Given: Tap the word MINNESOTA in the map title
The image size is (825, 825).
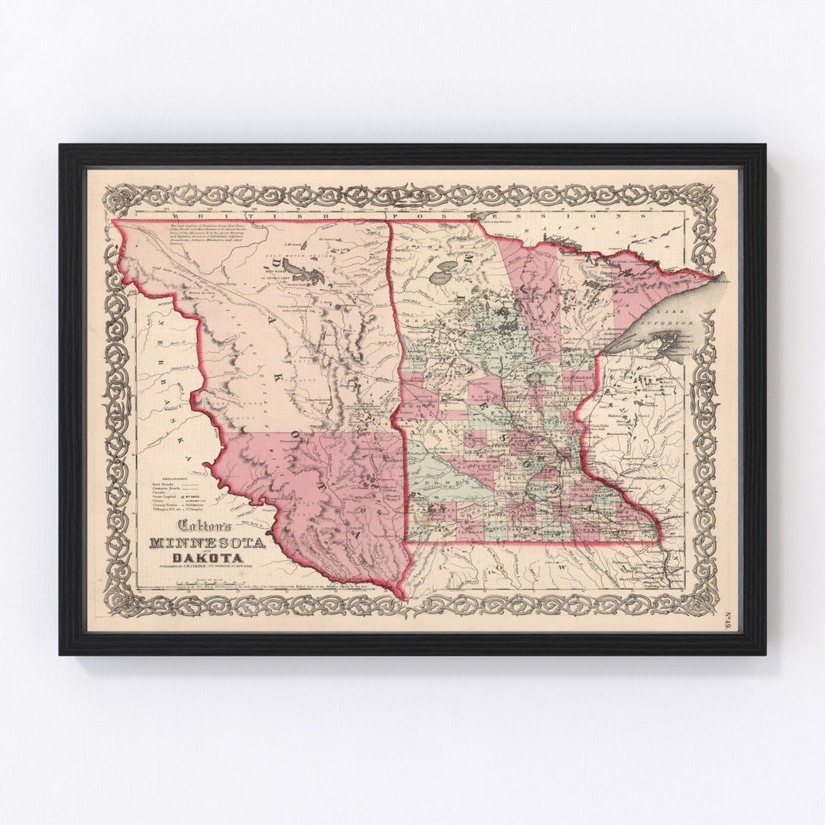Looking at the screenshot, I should (x=207, y=543).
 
